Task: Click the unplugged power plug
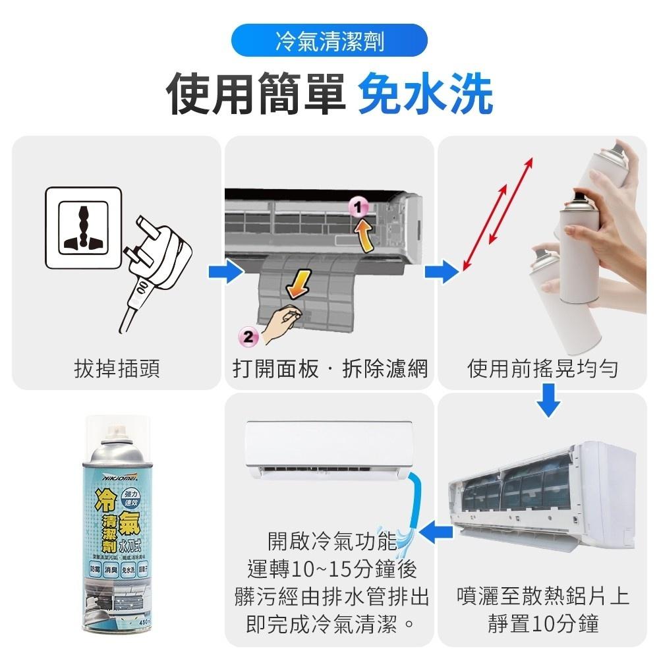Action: coord(156,264)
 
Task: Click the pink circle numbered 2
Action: coord(247,335)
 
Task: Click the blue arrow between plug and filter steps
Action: coord(222,271)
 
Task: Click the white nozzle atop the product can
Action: coord(115,429)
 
